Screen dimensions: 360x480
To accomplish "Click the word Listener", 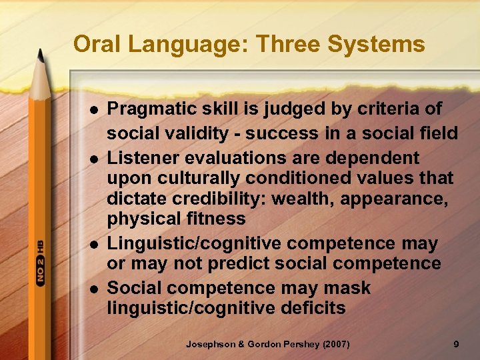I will [x=141, y=158].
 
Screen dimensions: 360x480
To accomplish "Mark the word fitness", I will [x=214, y=219].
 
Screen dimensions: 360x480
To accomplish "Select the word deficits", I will [x=308, y=308].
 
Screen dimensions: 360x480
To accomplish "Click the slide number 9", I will [x=455, y=344].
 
